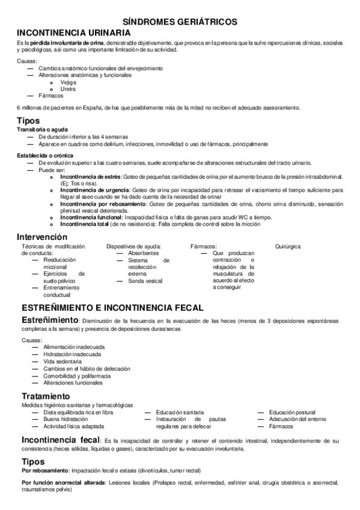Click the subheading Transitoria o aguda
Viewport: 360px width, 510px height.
pos(42,130)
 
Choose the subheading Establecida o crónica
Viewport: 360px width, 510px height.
pos(44,155)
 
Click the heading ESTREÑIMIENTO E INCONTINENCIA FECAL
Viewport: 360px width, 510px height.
pos(112,307)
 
